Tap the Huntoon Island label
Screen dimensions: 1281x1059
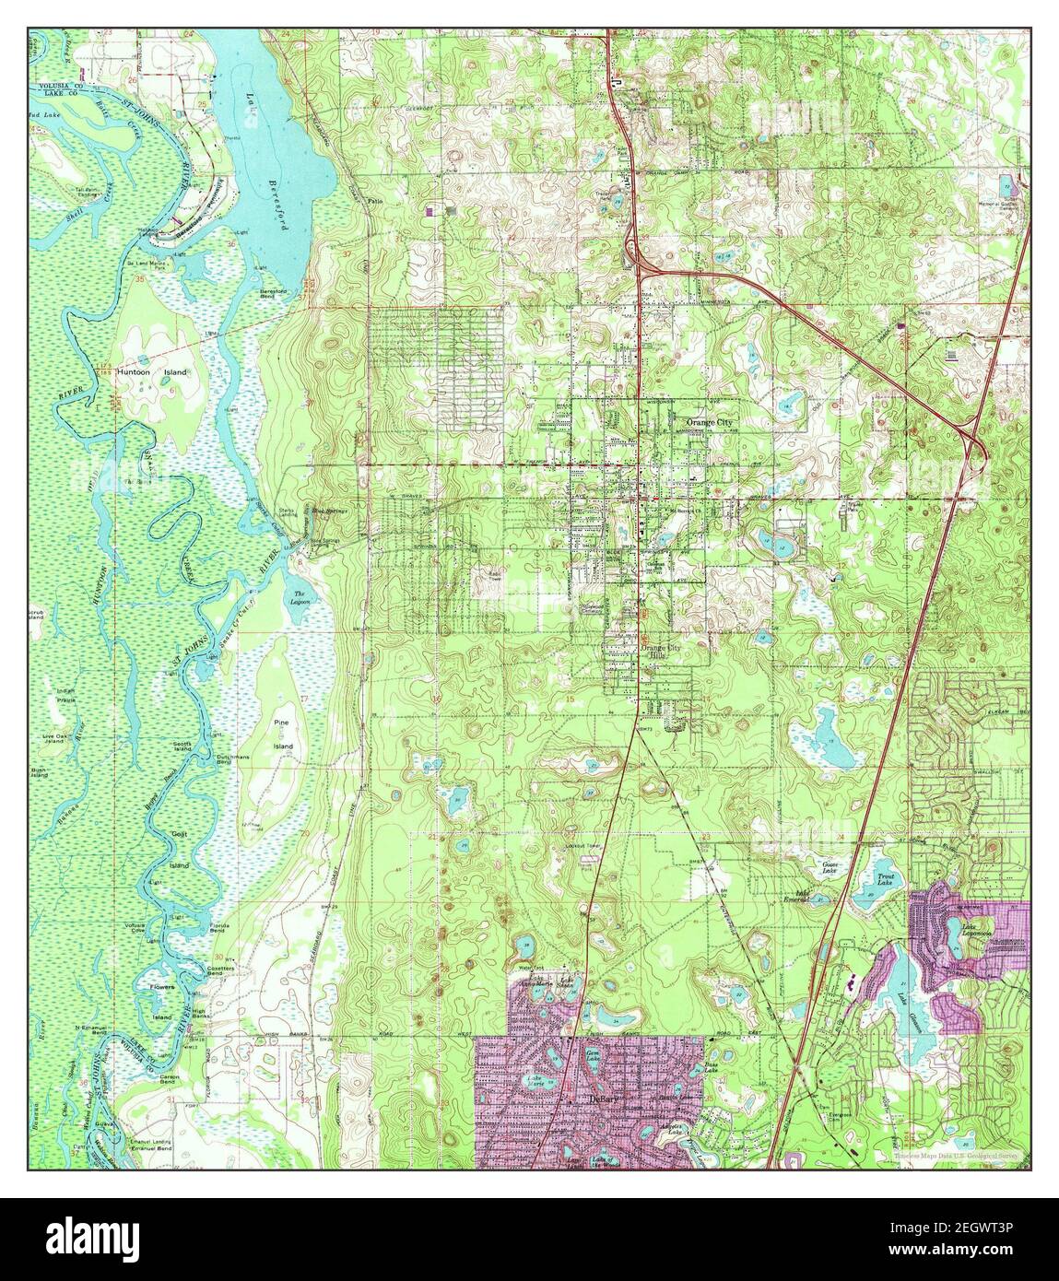pos(152,372)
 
